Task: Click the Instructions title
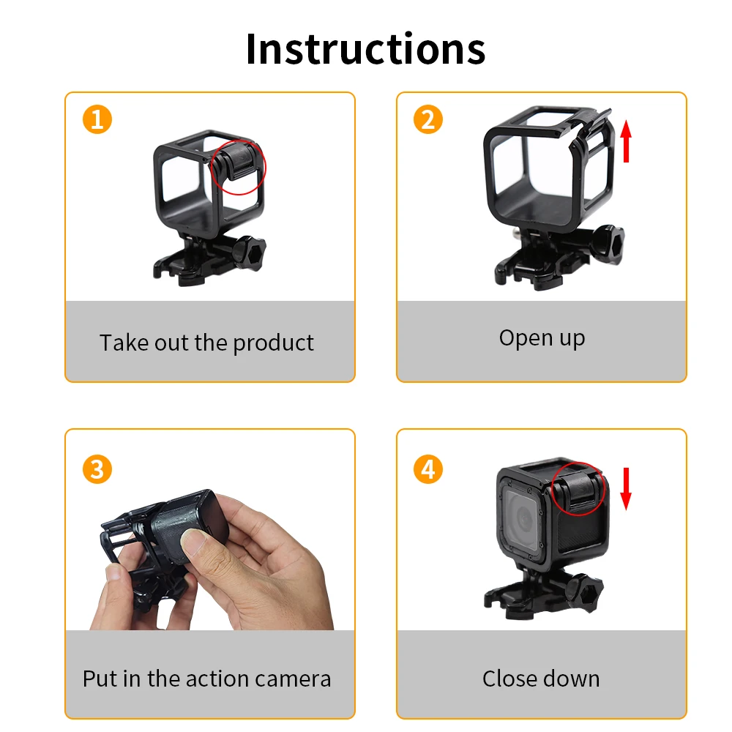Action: click(365, 49)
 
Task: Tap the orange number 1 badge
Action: click(97, 119)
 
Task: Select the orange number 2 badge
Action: click(428, 119)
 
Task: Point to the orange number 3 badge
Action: click(97, 469)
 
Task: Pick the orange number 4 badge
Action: click(428, 469)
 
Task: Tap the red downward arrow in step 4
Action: click(626, 490)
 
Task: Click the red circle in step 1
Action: click(239, 165)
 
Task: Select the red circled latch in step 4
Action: click(577, 488)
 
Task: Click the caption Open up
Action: click(542, 338)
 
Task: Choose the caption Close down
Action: click(541, 679)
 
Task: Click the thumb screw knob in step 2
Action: click(613, 247)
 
